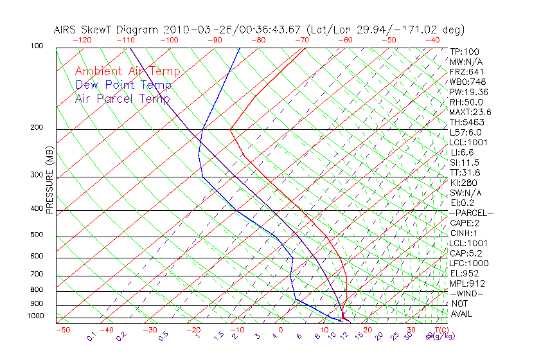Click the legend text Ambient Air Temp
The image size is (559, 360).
tap(127, 71)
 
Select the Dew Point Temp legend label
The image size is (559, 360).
tap(123, 85)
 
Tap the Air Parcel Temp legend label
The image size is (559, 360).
tap(122, 98)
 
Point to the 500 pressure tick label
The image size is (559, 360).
tap(37, 235)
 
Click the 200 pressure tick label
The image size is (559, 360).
tap(37, 128)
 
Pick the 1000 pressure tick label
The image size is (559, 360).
tap(35, 316)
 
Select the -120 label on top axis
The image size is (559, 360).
tap(82, 40)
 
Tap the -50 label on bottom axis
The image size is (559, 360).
tap(62, 330)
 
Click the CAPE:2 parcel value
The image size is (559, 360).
tap(465, 223)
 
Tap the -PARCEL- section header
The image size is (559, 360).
tap(472, 213)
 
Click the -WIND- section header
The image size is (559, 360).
tap(466, 293)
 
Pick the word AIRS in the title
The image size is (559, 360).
tap(66, 30)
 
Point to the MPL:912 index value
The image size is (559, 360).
tap(466, 283)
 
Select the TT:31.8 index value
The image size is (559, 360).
tap(465, 172)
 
